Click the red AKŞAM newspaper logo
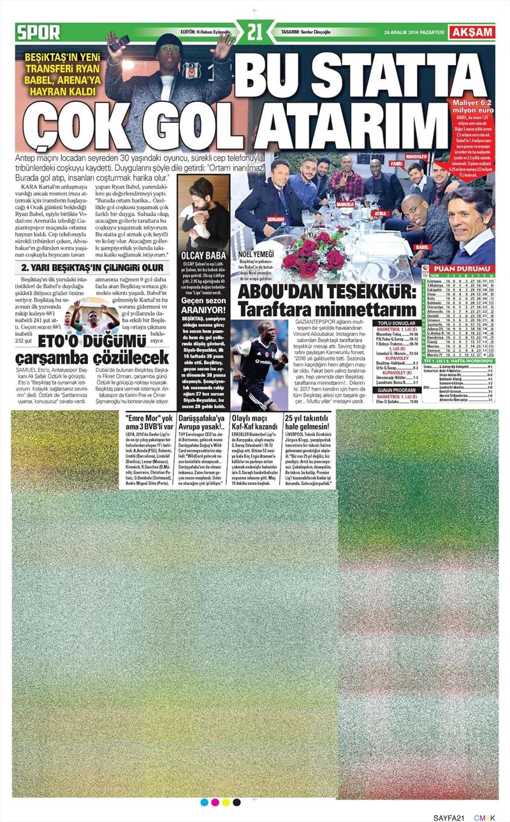[472, 32]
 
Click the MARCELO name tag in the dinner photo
[345, 205]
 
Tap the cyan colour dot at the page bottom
[204, 802]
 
